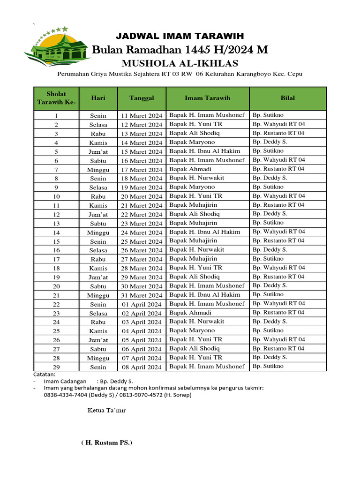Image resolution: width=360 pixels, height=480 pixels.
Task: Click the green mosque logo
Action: click(57, 47)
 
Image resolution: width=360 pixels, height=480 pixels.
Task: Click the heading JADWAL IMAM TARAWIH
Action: click(180, 36)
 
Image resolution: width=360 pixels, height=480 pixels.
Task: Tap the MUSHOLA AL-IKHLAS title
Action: click(180, 63)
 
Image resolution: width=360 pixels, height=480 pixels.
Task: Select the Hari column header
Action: click(98, 98)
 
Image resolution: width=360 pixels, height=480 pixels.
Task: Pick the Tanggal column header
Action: click(142, 98)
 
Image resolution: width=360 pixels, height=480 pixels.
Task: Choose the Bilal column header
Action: click(287, 98)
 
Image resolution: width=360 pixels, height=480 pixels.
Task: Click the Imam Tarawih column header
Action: click(207, 98)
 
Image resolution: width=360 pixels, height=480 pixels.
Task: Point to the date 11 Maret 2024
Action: click(142, 115)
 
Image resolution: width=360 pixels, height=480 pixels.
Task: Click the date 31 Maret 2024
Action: click(142, 295)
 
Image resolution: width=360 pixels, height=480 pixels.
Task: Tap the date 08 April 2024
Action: click(142, 367)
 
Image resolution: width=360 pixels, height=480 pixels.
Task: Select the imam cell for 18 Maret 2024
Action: click(197, 178)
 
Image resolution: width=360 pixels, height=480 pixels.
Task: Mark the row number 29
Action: click(56, 367)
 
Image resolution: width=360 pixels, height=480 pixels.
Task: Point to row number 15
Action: click(56, 241)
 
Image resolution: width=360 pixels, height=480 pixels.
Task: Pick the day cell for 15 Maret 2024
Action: click(98, 151)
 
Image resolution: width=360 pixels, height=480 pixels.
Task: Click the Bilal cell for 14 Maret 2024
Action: click(270, 142)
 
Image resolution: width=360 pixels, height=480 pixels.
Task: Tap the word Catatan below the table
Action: click(45, 375)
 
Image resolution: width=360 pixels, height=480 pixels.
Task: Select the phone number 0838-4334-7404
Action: click(66, 395)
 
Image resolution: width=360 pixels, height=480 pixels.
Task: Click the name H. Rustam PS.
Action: click(106, 442)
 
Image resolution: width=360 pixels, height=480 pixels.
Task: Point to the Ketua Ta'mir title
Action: click(106, 411)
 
